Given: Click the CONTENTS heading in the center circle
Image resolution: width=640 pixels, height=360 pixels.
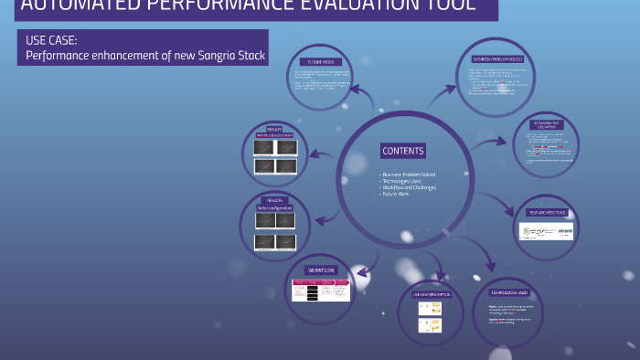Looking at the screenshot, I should [x=403, y=151].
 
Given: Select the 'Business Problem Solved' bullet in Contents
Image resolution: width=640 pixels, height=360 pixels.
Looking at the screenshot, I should [x=408, y=174].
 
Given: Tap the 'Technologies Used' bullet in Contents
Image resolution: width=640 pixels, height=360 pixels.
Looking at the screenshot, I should [x=401, y=181].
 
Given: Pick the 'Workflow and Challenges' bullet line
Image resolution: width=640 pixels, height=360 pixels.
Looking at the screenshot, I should [x=408, y=187].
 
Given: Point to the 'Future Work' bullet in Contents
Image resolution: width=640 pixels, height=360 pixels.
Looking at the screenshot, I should [x=396, y=194].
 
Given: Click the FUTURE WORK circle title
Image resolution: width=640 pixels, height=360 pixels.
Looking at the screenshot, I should [x=314, y=56].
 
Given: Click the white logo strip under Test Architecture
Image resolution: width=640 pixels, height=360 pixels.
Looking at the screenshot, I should [x=547, y=231].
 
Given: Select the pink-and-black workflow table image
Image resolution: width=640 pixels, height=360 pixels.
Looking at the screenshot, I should [x=321, y=290].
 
